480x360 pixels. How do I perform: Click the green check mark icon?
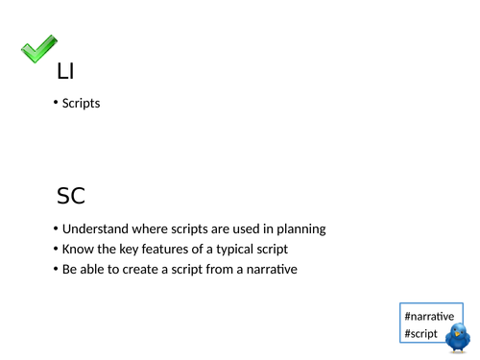pyautogui.click(x=38, y=50)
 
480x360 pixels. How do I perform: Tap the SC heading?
pyautogui.click(x=71, y=197)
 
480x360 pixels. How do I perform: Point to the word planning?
pyautogui.click(x=300, y=229)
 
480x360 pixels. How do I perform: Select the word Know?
pyautogui.click(x=78, y=250)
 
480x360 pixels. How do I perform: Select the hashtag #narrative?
pyautogui.click(x=429, y=316)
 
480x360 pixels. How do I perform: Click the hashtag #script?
pyautogui.click(x=421, y=334)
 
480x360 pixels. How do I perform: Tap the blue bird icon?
pyautogui.click(x=457, y=337)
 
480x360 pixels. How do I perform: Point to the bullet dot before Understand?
pyautogui.click(x=56, y=230)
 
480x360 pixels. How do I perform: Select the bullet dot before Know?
pyautogui.click(x=56, y=251)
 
